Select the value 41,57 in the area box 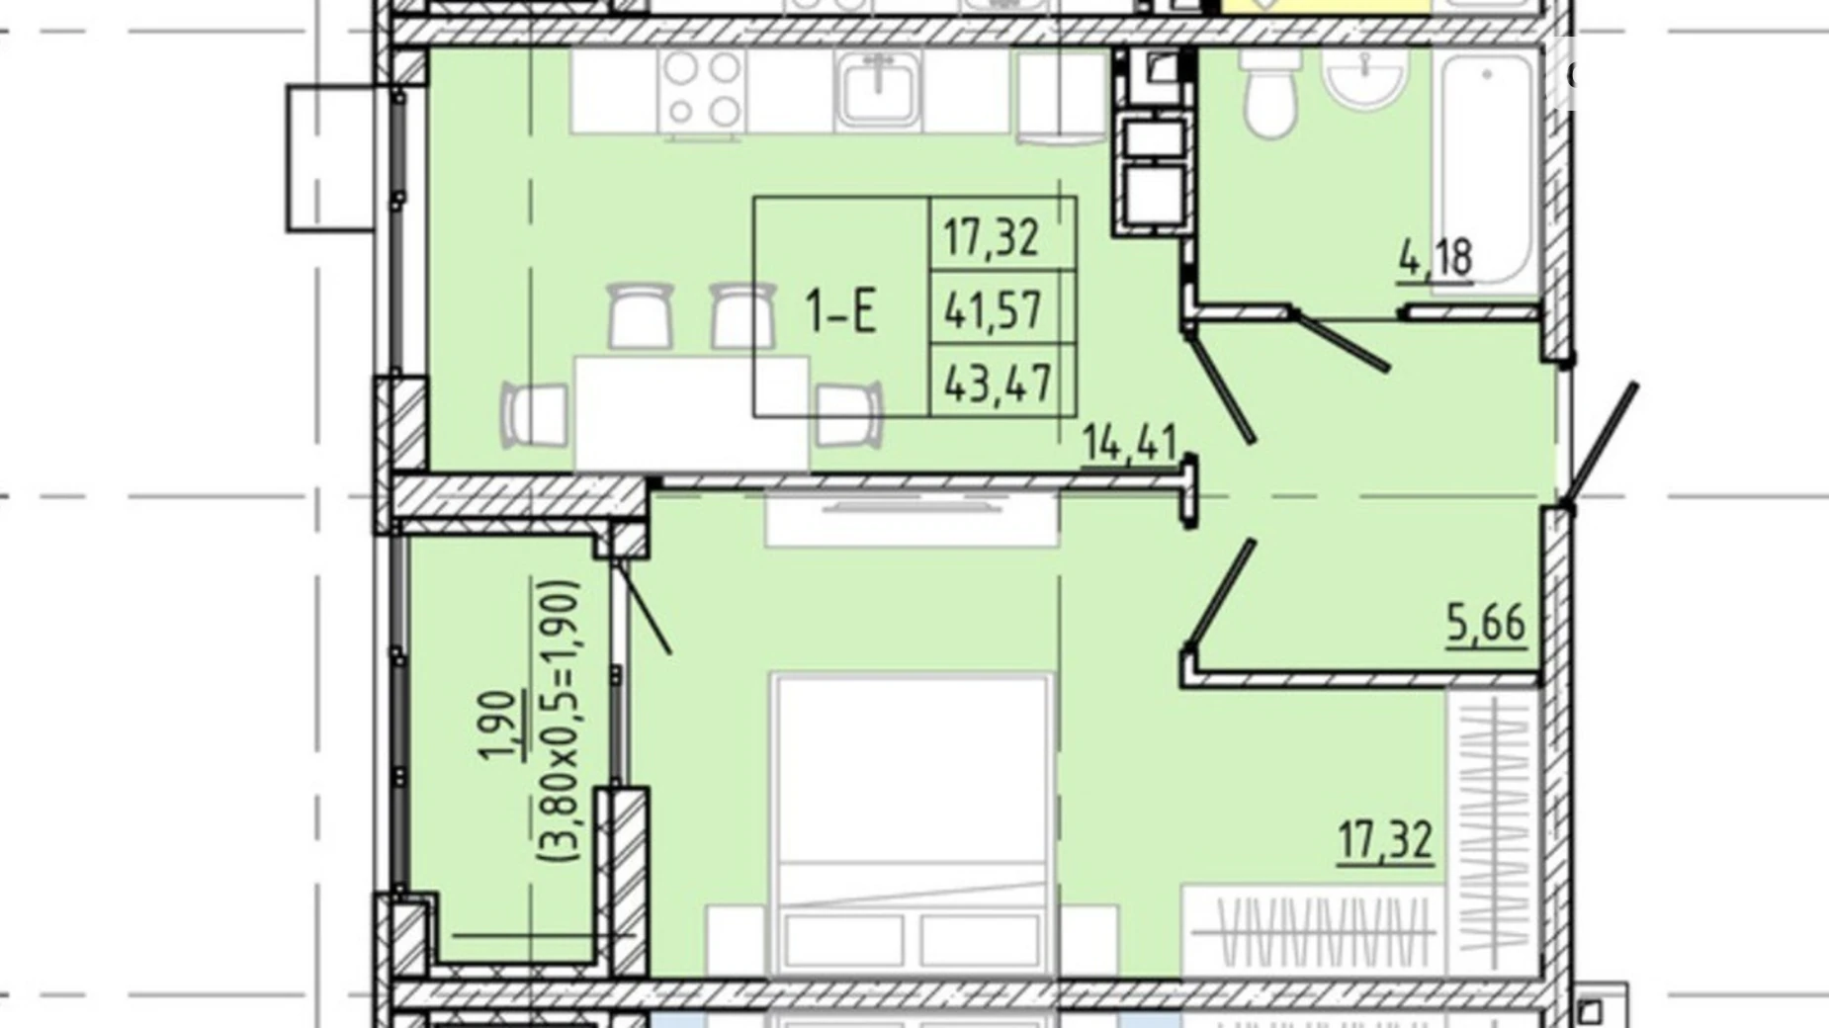994,310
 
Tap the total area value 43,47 998,383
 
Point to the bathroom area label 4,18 1436,258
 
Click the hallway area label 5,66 1486,623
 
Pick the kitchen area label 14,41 1129,442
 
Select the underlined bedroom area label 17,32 1385,840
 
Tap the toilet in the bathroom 1270,92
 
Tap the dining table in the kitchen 692,413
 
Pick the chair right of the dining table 848,413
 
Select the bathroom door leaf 1341,341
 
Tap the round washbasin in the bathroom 1365,77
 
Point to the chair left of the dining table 535,414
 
